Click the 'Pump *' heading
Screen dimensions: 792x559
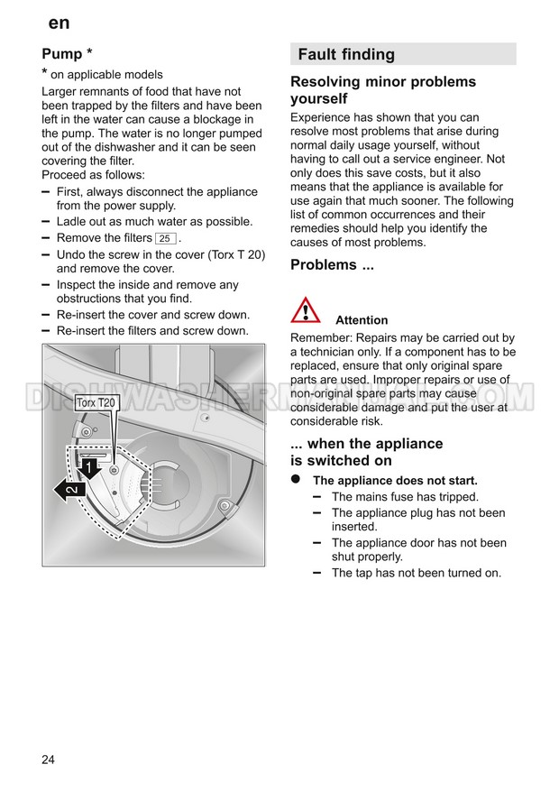(x=68, y=53)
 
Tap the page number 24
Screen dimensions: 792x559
(x=48, y=760)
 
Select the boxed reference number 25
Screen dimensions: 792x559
(x=165, y=238)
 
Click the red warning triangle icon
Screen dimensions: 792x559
(x=306, y=310)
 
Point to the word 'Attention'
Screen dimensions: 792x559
(x=362, y=320)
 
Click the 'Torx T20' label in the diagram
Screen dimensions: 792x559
(x=96, y=402)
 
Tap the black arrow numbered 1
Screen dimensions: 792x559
(x=89, y=466)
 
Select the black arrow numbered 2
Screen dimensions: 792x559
(x=70, y=490)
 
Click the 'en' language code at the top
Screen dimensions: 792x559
(x=59, y=23)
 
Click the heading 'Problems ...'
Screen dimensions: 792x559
(x=332, y=265)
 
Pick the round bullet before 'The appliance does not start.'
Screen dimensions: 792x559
(x=295, y=480)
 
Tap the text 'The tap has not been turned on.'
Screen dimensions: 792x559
(x=416, y=573)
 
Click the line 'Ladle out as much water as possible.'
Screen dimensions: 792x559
(x=154, y=222)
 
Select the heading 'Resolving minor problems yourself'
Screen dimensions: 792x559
(x=382, y=90)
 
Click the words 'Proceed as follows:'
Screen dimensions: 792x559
(x=93, y=175)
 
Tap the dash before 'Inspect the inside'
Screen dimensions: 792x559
(x=46, y=284)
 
